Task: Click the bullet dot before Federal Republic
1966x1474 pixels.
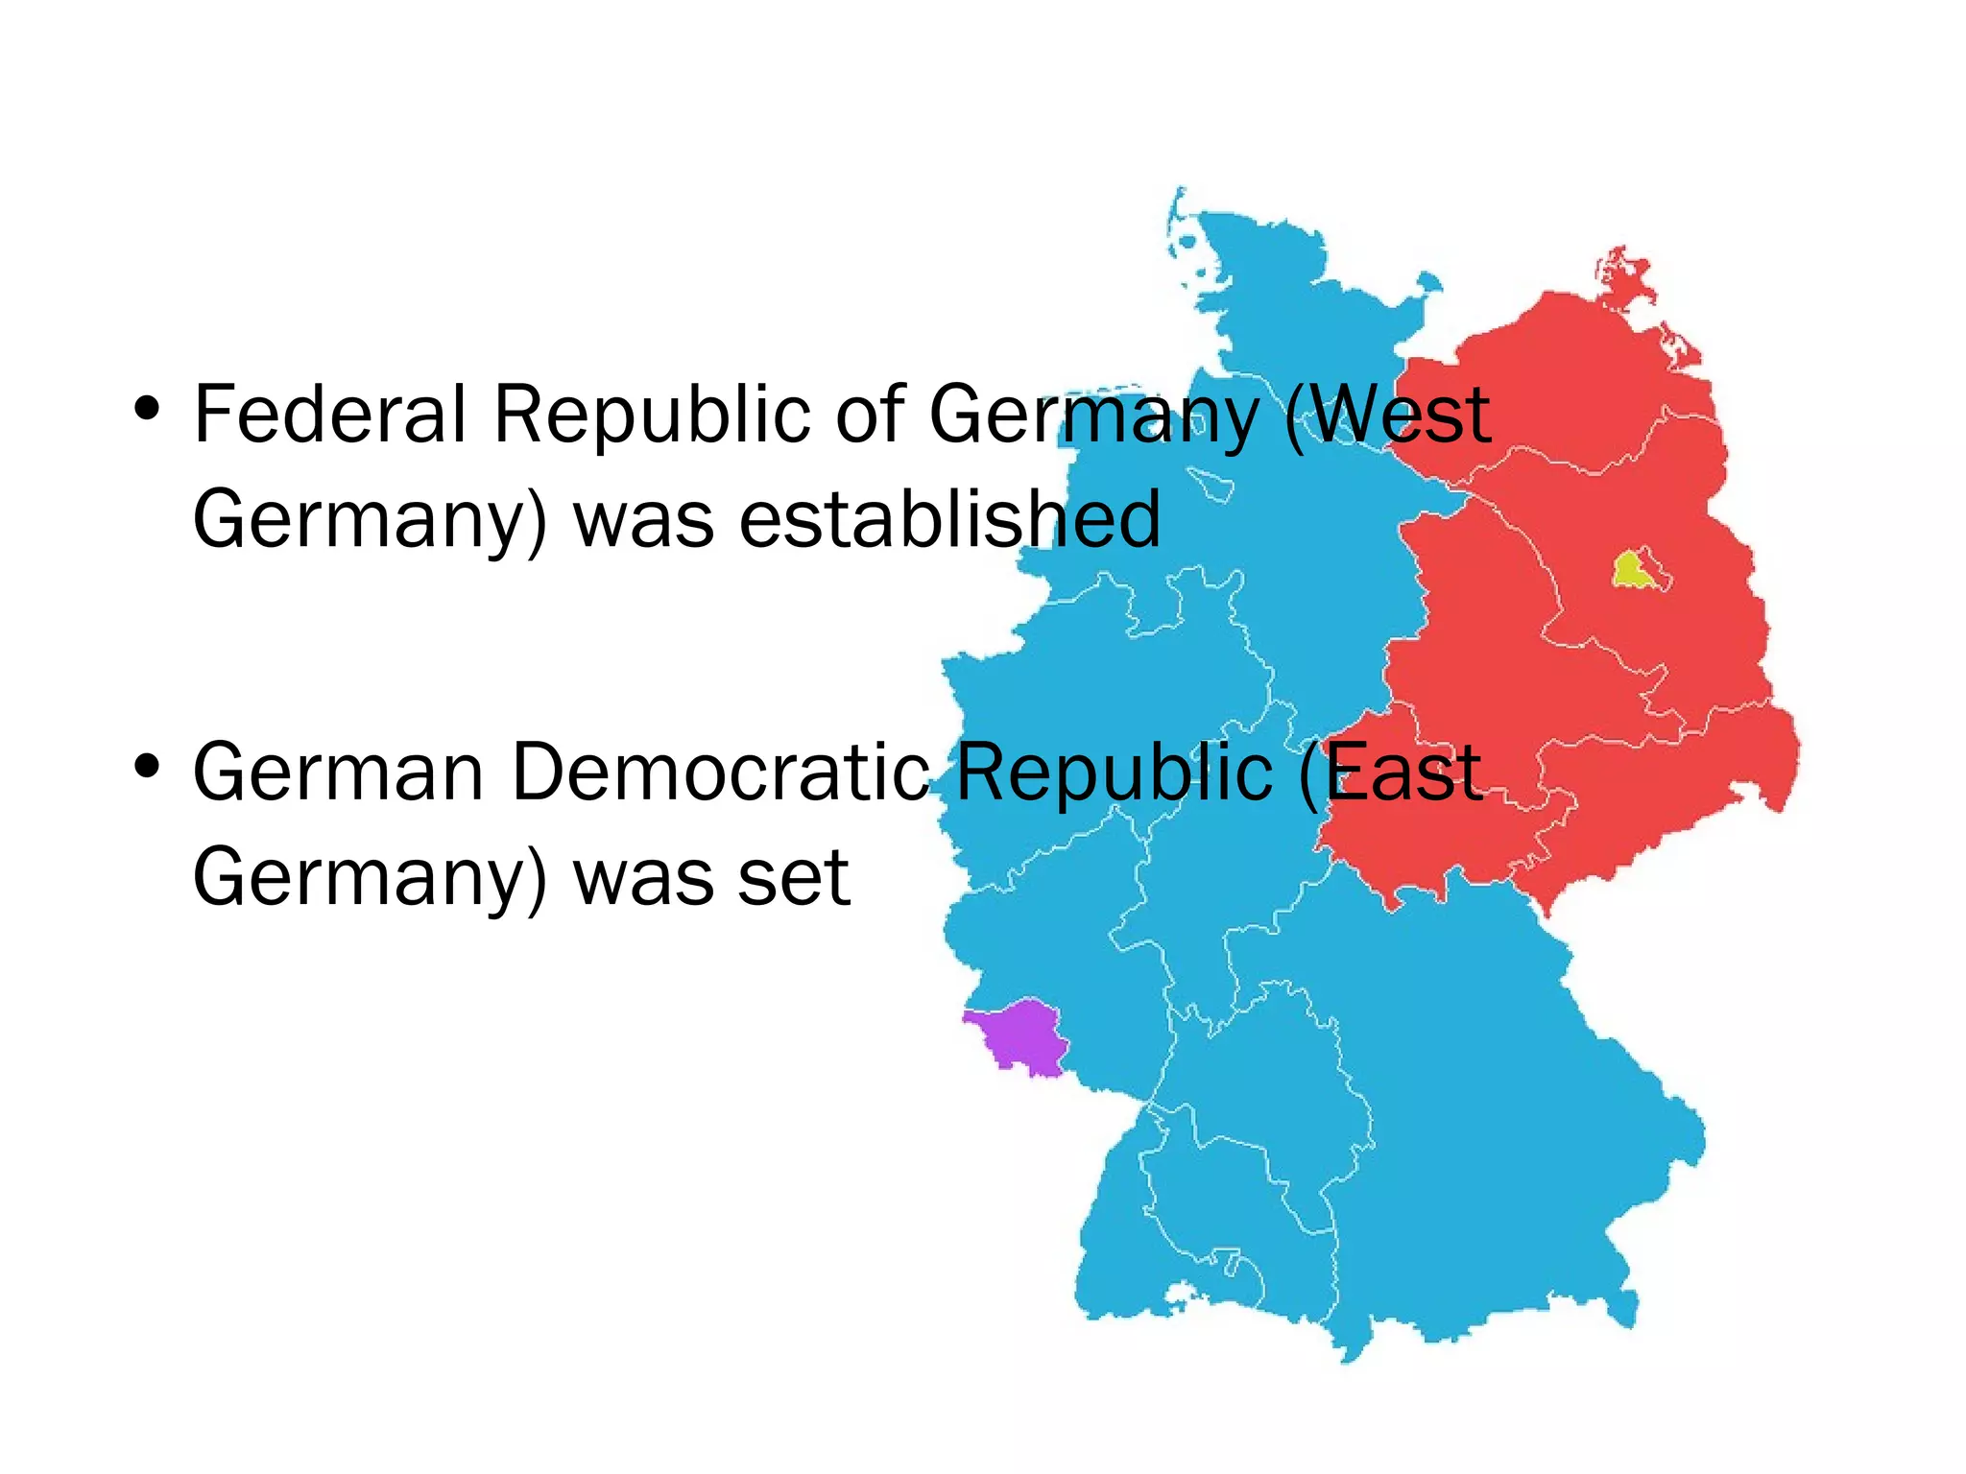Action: pyautogui.click(x=147, y=410)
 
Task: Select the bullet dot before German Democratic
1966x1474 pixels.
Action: pyautogui.click(x=147, y=767)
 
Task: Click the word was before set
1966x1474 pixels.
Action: pyautogui.click(x=643, y=877)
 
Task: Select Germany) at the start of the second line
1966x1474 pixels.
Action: pyautogui.click(x=370, y=520)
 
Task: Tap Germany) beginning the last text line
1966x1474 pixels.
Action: pyautogui.click(x=370, y=879)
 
